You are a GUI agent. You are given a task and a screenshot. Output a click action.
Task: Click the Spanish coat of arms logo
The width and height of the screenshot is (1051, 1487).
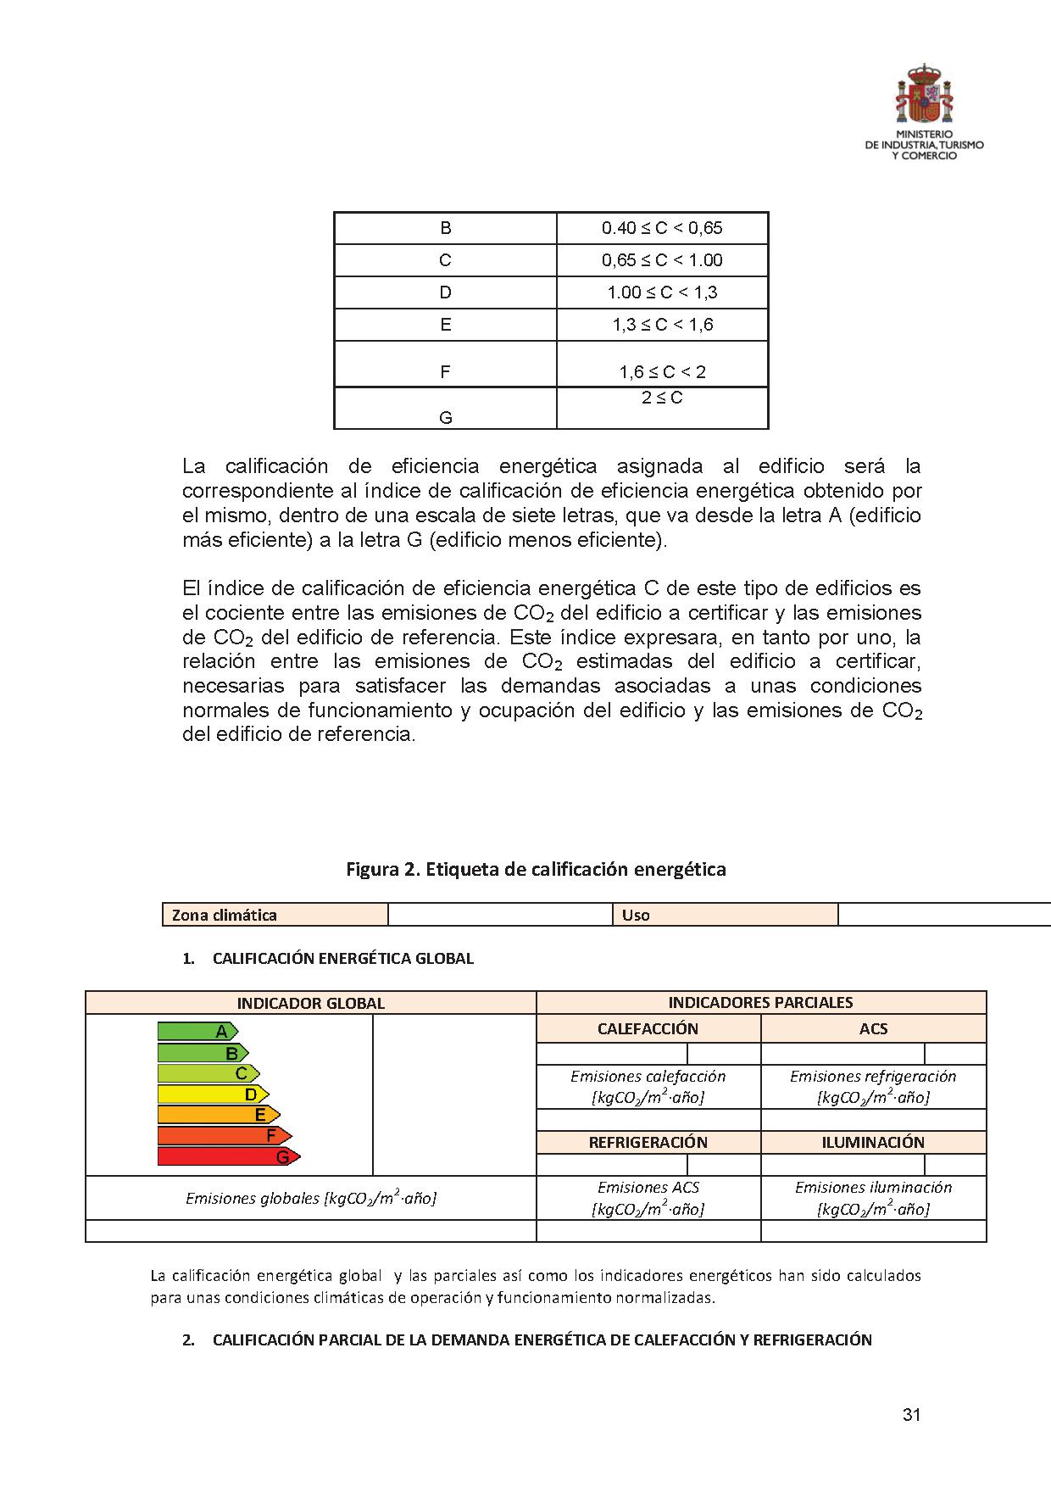tap(924, 92)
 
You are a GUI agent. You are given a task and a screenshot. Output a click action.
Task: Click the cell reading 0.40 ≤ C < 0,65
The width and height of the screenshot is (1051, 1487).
tap(662, 228)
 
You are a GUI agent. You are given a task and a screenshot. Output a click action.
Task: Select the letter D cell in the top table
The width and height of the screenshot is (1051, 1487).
tap(446, 292)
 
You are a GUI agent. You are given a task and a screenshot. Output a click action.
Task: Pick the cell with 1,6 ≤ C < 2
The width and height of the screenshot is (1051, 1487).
tap(662, 371)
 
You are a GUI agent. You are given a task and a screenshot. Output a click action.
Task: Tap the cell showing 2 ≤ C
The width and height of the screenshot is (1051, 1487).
tap(662, 398)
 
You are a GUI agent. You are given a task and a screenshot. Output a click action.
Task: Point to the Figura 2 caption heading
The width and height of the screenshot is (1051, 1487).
tap(536, 869)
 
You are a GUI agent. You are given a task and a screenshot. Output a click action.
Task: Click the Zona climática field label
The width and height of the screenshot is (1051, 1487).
tap(225, 915)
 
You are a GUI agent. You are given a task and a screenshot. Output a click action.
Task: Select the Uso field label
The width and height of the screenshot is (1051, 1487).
tap(636, 915)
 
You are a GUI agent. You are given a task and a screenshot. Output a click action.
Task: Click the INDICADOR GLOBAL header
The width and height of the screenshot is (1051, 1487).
tap(310, 1003)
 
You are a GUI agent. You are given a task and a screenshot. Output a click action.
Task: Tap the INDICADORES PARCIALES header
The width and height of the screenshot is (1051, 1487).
tap(760, 1002)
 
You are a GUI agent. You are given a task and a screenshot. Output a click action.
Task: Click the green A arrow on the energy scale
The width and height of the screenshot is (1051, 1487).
tap(197, 1032)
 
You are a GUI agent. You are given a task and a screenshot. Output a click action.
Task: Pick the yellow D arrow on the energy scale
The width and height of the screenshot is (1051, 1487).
tap(213, 1094)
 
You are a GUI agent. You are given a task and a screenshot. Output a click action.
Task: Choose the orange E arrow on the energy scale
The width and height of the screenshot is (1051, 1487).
tap(219, 1115)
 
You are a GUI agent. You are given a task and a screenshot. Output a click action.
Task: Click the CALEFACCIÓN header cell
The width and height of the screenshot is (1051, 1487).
tap(648, 1029)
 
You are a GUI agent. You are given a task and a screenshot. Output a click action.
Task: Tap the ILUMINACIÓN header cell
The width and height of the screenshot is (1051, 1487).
tap(873, 1142)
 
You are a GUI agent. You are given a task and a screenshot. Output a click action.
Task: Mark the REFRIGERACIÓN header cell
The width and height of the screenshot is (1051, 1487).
tap(648, 1142)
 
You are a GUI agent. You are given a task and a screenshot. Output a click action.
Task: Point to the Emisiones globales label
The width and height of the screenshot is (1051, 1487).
tap(310, 1198)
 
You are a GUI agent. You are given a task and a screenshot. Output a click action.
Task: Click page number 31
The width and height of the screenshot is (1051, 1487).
tap(911, 1414)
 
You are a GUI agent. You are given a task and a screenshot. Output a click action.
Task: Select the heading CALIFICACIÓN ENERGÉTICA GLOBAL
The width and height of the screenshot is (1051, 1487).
tap(342, 959)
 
